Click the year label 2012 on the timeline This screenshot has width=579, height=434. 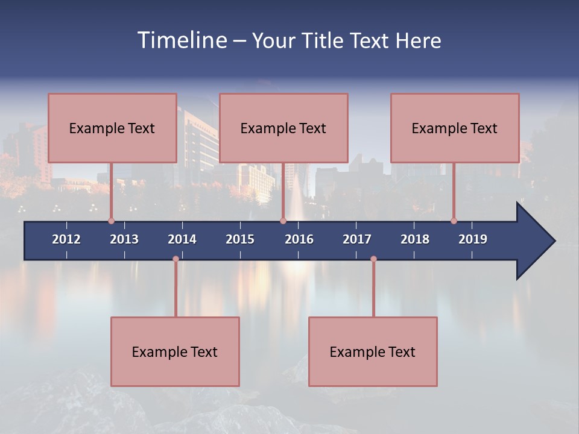pos(66,239)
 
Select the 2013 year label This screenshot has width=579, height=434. pos(124,239)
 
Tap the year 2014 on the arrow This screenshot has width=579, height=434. pos(182,239)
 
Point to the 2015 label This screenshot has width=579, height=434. pos(240,239)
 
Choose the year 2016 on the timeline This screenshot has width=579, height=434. pos(299,239)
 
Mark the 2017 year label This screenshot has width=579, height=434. pos(357,239)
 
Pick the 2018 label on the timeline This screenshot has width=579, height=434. pos(415,239)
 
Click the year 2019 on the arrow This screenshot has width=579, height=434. pos(473,239)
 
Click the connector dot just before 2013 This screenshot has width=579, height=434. pos(111,221)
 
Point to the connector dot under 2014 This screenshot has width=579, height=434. pos(176,259)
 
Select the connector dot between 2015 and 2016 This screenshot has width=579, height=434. pos(283,221)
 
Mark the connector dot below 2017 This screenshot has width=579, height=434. pos(373,259)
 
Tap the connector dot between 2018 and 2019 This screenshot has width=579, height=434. pos(454,221)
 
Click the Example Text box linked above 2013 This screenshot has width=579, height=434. pos(112,128)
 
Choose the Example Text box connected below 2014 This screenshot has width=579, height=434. pos(175,351)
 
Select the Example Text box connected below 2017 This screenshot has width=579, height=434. pos(373,351)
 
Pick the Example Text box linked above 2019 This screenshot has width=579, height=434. pos(455,128)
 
